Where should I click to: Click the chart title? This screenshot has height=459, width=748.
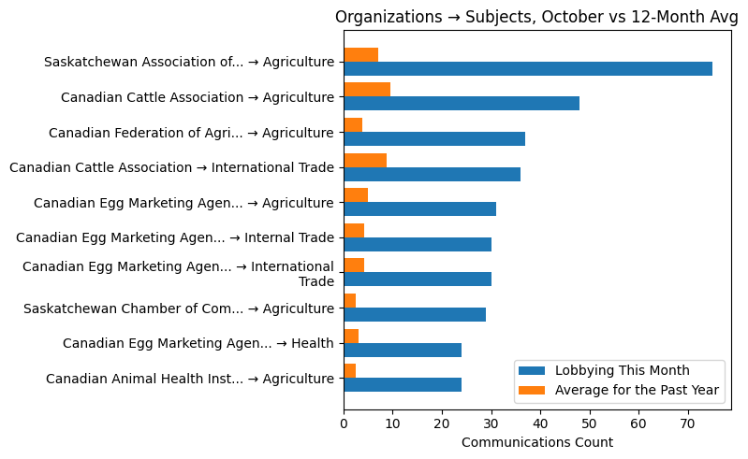click(x=536, y=17)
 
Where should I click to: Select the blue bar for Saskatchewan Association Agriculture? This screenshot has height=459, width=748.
click(x=528, y=68)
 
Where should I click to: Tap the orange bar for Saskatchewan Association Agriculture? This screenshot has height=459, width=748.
click(x=360, y=54)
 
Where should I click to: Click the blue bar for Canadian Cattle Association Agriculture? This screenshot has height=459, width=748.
click(x=462, y=104)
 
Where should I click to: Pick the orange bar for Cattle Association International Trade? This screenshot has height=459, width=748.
click(x=365, y=160)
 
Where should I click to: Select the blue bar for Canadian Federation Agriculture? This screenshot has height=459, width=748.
click(x=434, y=138)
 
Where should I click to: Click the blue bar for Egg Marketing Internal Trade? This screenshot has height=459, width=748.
click(x=418, y=244)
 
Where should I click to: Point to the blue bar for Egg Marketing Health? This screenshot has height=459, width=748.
click(x=403, y=350)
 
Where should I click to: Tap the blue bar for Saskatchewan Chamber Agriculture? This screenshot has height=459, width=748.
click(x=415, y=314)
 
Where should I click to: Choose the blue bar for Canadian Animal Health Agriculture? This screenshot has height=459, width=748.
click(x=403, y=384)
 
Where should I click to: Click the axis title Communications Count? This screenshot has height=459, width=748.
click(x=537, y=442)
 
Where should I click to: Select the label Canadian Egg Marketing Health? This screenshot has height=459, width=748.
click(x=198, y=343)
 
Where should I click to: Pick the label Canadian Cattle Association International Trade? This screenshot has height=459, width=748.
click(x=171, y=167)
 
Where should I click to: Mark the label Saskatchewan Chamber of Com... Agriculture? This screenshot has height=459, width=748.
click(x=179, y=308)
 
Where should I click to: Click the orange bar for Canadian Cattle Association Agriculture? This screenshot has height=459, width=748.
click(x=367, y=90)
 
